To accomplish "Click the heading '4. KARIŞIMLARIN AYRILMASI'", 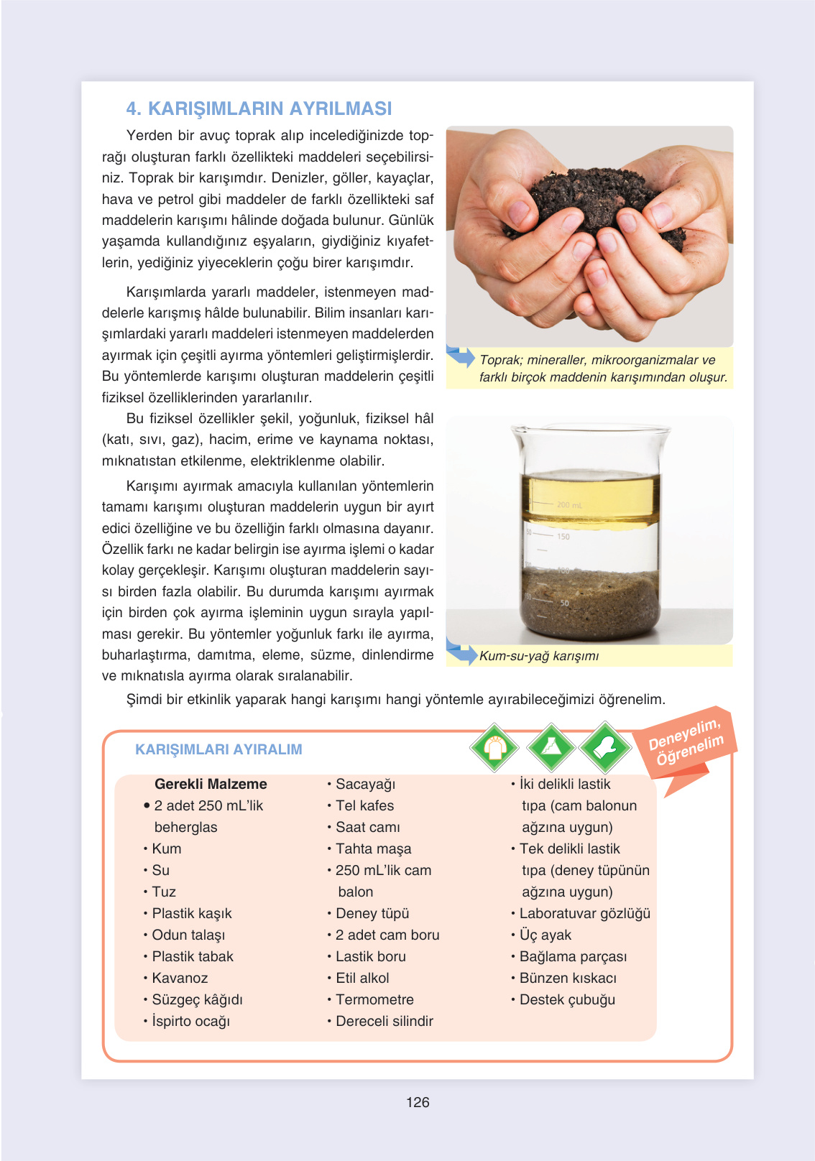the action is click(x=259, y=108).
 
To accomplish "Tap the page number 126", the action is click(x=418, y=1102).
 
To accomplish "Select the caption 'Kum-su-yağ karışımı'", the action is click(x=539, y=656).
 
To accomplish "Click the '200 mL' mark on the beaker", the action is click(x=569, y=504).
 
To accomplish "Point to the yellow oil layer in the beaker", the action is click(x=591, y=498).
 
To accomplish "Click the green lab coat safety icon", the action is click(x=494, y=747).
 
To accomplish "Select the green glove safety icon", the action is click(x=605, y=747).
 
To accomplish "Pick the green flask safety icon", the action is click(x=551, y=747).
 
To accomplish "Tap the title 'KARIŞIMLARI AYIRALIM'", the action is click(x=218, y=749).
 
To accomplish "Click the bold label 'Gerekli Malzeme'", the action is click(x=211, y=784).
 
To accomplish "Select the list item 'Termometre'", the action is click(x=374, y=999).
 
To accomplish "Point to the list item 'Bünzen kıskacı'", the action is click(x=568, y=978).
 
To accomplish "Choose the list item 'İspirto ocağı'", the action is click(x=190, y=1021).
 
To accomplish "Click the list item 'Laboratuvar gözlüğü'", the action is click(x=584, y=913).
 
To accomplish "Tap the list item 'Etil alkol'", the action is click(x=362, y=978).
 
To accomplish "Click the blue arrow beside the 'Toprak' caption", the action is click(x=461, y=356).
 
